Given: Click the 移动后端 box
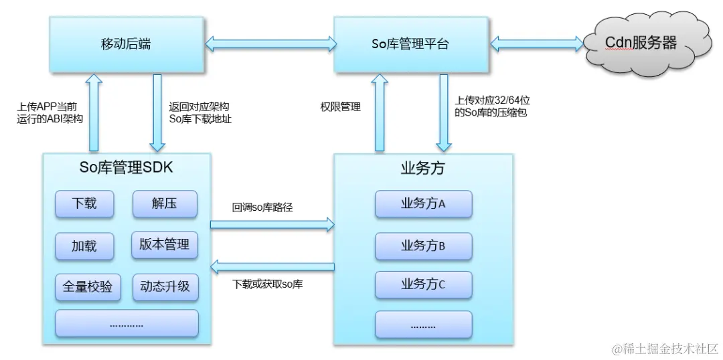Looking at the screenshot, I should click(126, 44).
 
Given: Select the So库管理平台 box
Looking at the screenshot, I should click(410, 44).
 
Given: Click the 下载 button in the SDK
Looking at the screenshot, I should click(84, 204).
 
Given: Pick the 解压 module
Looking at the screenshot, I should click(164, 204).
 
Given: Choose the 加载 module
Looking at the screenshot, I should click(84, 246).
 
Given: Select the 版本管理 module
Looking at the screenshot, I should click(164, 245).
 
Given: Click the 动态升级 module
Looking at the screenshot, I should click(165, 286).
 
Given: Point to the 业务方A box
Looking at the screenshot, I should click(423, 204).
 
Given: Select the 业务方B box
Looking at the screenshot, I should click(423, 246).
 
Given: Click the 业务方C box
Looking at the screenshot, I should click(423, 286).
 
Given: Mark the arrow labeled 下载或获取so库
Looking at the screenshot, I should click(272, 268).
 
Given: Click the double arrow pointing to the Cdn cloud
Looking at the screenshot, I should click(536, 45).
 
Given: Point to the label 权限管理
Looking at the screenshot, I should click(341, 106).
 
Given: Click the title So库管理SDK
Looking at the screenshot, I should click(126, 167).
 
